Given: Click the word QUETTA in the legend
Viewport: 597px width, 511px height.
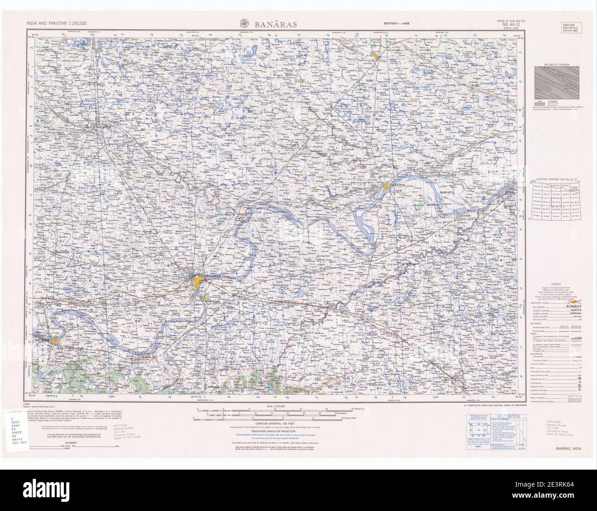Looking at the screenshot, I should coord(575,311).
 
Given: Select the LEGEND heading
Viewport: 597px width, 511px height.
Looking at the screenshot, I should coord(556,285).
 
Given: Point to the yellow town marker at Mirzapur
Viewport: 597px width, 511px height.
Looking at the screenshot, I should coord(55,341).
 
